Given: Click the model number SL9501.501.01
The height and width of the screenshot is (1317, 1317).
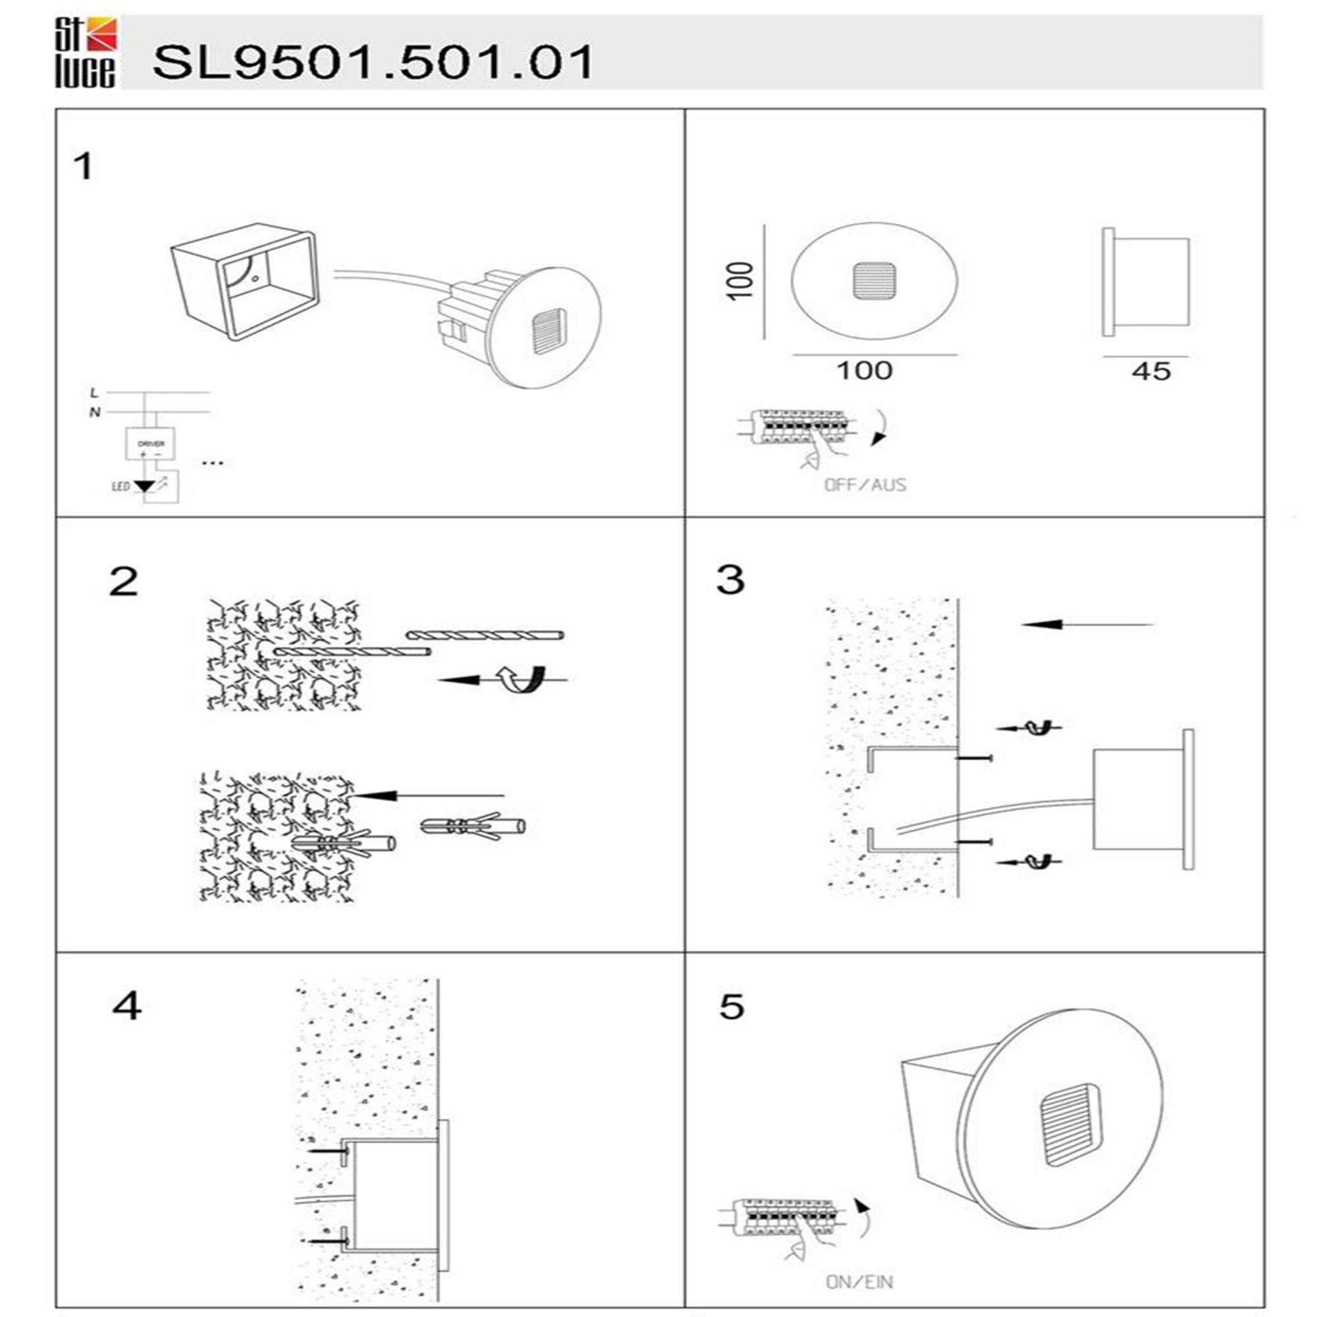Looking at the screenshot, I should pos(373,63).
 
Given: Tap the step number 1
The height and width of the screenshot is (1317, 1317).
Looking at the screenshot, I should pos(84,167).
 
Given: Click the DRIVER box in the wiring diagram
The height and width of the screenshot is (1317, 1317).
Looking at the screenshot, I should pos(150,444).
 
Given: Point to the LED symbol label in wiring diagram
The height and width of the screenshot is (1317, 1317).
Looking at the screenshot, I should pos(120,487).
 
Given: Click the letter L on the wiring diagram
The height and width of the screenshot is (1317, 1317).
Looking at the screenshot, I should pos(94,393).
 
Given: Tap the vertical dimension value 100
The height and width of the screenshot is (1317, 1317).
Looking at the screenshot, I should pos(741,280).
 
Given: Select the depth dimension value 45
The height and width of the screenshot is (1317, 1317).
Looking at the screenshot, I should pos(1151,371).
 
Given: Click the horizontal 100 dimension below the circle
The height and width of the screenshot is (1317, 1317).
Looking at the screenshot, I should pos(865,371).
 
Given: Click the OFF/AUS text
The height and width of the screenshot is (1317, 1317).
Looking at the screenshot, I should pos(865,485).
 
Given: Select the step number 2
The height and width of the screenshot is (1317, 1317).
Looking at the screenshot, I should pos(123,582).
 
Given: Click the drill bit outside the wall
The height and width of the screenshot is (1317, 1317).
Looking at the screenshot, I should pos(485,635).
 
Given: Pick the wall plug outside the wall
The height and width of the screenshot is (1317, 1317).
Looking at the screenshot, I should pos(473,827).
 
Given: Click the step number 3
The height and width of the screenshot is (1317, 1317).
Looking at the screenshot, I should pos(730,580).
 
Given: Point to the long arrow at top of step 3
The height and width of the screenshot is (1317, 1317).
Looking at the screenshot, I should pos(1087,624).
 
